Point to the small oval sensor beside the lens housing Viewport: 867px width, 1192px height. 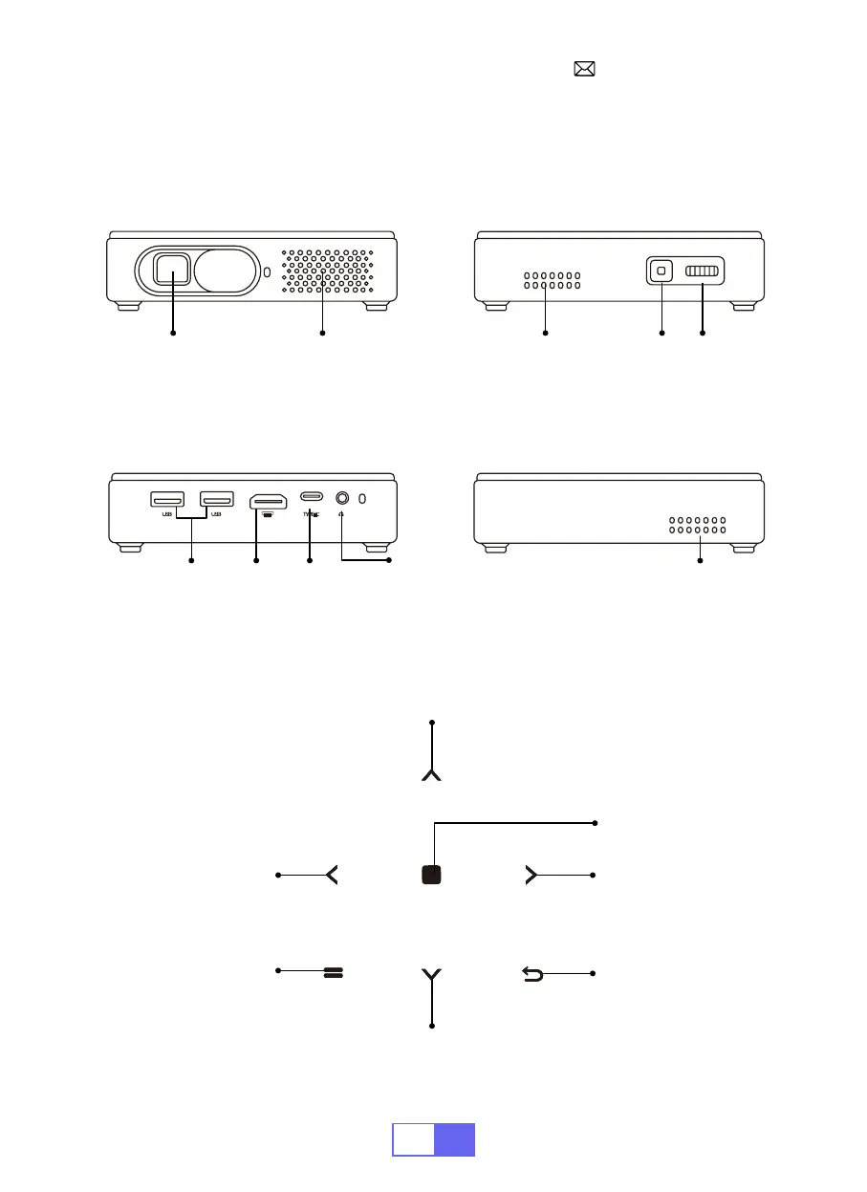tap(267, 272)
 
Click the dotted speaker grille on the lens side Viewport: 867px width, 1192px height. tap(325, 271)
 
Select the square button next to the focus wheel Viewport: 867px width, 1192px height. tap(660, 272)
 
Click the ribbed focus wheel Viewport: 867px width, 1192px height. tap(704, 272)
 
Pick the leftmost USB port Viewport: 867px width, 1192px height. tap(166, 499)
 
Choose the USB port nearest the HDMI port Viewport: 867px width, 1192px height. tap(216, 499)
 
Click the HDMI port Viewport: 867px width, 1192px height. tap(268, 501)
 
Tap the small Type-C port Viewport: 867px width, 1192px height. tap(311, 496)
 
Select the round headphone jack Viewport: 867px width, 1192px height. tap(341, 498)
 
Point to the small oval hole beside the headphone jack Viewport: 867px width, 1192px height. tap(362, 498)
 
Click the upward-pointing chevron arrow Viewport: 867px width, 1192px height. tap(432, 773)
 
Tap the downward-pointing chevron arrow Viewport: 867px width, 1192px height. tap(432, 975)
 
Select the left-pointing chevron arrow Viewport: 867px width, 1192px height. tap(332, 875)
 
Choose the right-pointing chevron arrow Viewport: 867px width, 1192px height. tap(532, 875)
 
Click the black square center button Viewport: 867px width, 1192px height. tap(432, 875)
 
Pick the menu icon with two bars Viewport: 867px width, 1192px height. tap(334, 973)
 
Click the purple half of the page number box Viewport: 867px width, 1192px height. tap(454, 1139)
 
